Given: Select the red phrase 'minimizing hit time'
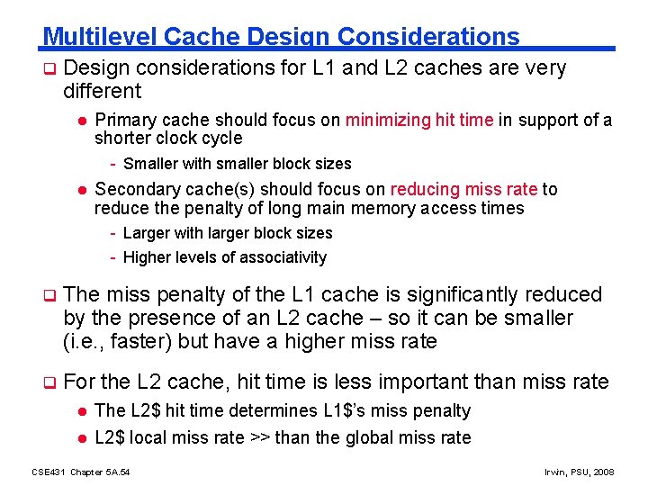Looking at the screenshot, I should point(419,121).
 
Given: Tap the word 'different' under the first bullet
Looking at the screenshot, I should point(102,91).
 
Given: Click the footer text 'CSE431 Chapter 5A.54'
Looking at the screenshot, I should point(80,472).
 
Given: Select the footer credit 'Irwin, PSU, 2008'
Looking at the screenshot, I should point(580,472).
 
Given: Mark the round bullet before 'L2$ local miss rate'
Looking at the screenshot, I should point(80,438).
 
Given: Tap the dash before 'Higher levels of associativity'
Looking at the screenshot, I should point(112,258).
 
